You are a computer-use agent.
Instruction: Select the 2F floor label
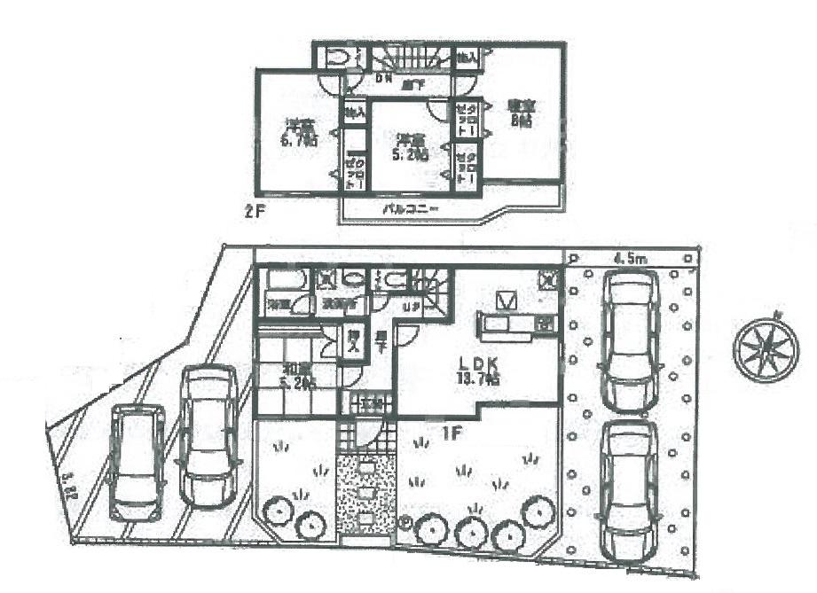(255, 213)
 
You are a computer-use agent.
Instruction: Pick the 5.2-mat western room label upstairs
(411, 146)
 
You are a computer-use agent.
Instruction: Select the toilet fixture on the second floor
(337, 59)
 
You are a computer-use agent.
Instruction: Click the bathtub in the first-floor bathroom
(282, 280)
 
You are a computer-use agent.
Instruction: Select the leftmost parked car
(135, 461)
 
